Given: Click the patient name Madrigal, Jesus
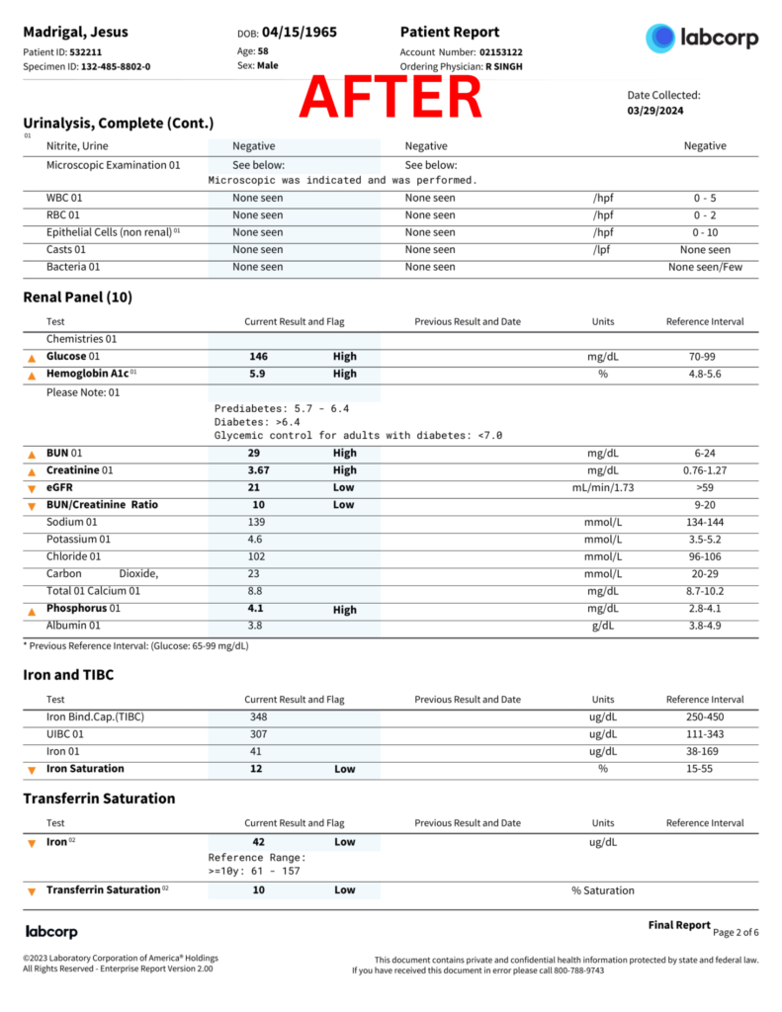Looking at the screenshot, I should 75,33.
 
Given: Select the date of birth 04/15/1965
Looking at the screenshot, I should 300,33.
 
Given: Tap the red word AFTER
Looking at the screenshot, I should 391,96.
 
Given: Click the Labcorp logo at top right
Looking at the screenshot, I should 702,39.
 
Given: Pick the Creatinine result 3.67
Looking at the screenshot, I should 258,470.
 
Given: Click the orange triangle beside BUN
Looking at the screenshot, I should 31,455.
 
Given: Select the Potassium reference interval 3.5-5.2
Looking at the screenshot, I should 705,540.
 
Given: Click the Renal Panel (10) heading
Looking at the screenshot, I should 77,297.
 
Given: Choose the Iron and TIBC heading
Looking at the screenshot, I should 68,675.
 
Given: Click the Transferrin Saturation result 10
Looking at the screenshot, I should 258,890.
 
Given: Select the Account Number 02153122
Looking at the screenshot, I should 501,52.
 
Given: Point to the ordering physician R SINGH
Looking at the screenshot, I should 503,67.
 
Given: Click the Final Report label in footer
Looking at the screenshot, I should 679,925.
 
